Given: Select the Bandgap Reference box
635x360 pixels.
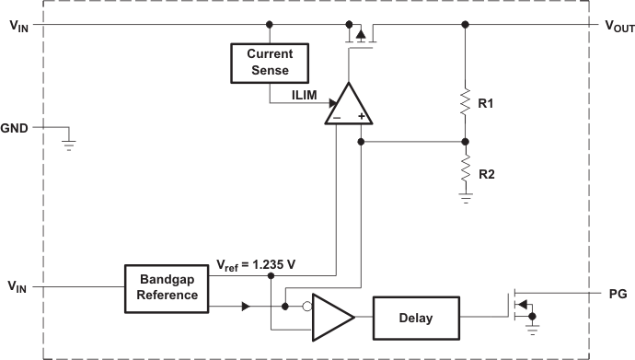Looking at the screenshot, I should coord(168,288).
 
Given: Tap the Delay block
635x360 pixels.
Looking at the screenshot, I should coord(416,318).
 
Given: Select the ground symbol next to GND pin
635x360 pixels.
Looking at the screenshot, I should coord(67,143).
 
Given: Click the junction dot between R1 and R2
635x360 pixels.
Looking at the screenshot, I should coord(465,142).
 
